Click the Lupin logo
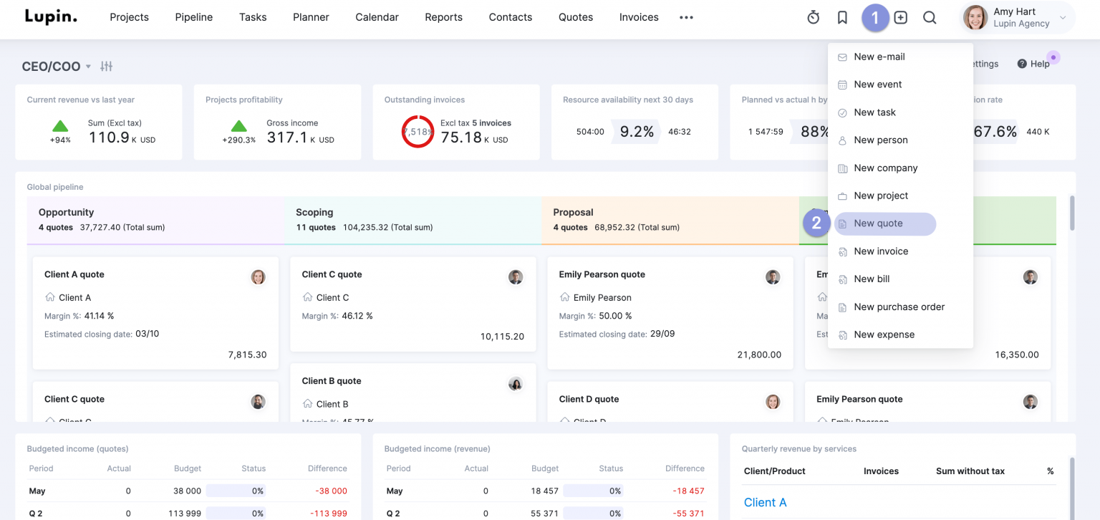coord(51,16)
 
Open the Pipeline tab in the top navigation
coord(193,17)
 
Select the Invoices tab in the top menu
coord(639,17)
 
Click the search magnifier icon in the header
coord(930,18)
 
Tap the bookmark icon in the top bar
coord(842,18)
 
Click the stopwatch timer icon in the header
coord(813,18)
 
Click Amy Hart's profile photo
coord(975,18)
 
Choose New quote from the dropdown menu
coord(878,223)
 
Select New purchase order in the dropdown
coord(899,307)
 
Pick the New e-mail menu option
coord(879,57)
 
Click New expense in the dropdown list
coord(884,334)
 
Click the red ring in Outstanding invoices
coord(418,132)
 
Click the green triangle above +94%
coord(60,125)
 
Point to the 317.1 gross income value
coord(286,138)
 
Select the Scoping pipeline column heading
coord(314,212)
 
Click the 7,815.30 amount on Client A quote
coord(247,355)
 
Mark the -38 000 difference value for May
coord(329,491)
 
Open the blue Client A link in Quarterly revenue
coord(765,502)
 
